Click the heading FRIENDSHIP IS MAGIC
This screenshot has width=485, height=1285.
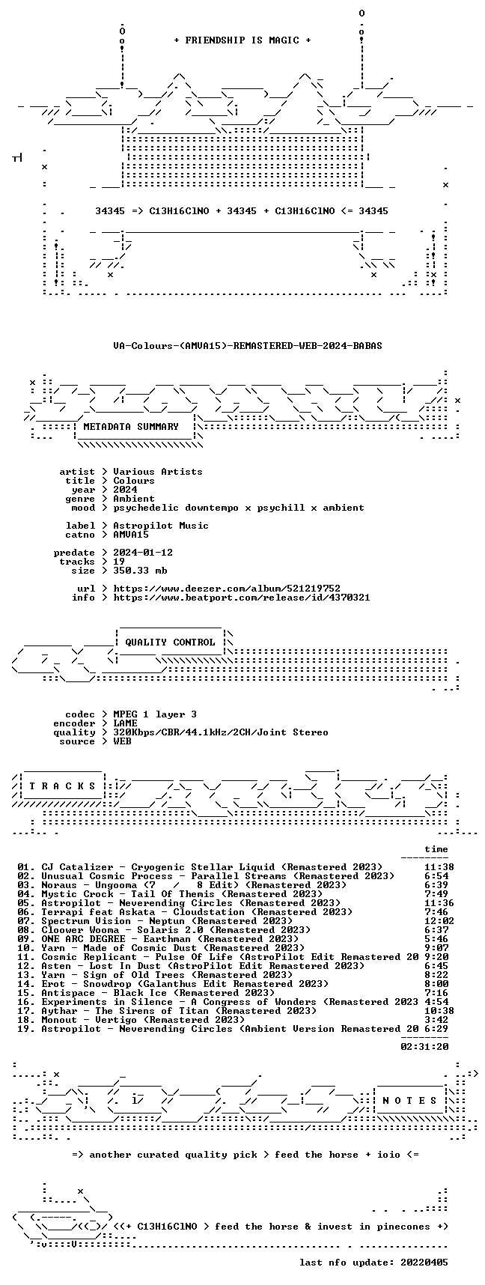pyautogui.click(x=242, y=40)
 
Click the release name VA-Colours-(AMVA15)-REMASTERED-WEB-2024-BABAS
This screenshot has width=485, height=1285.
pyautogui.click(x=248, y=346)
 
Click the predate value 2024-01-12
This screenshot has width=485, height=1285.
pyautogui.click(x=144, y=553)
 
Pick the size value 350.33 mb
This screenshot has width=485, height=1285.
pyautogui.click(x=141, y=571)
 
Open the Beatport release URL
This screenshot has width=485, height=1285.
pyautogui.click(x=242, y=598)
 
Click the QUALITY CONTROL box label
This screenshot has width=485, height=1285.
pyautogui.click(x=171, y=642)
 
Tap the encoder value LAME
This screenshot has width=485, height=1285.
pyautogui.click(x=126, y=723)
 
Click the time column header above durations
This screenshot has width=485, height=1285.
pyautogui.click(x=437, y=849)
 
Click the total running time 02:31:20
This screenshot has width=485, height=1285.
pyautogui.click(x=425, y=1047)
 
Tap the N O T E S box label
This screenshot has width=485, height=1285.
pyautogui.click(x=410, y=1101)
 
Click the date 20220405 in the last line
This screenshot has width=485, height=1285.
pyautogui.click(x=425, y=1263)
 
